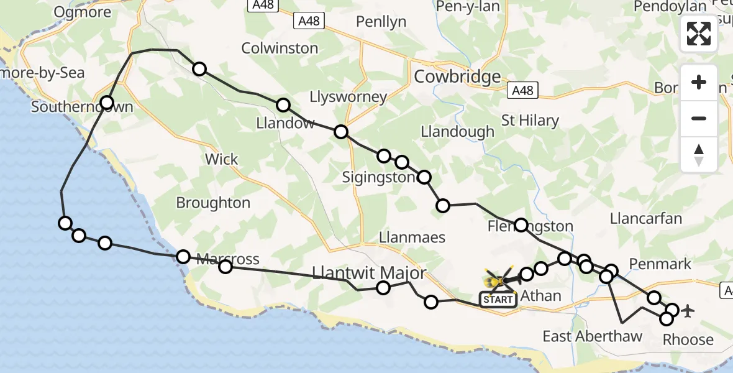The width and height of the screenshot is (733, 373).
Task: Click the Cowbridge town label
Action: pyautogui.click(x=457, y=77)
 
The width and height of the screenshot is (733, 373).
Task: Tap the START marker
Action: pyautogui.click(x=498, y=300)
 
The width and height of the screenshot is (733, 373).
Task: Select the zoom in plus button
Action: pyautogui.click(x=699, y=83)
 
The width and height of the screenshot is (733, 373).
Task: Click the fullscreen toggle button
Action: pyautogui.click(x=699, y=34)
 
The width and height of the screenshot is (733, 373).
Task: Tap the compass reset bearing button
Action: pyautogui.click(x=699, y=155)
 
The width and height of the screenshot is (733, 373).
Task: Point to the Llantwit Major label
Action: pyautogui.click(x=370, y=273)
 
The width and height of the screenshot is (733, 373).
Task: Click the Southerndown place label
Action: pyautogui.click(x=82, y=107)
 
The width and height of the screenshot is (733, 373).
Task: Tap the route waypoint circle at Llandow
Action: pyautogui.click(x=283, y=105)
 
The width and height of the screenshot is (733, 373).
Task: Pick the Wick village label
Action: pyautogui.click(x=222, y=159)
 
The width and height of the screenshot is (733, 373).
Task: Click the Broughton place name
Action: pyautogui.click(x=213, y=203)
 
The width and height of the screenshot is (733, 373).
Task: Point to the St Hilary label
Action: pyautogui.click(x=530, y=121)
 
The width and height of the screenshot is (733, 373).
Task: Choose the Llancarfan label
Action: pyautogui.click(x=646, y=219)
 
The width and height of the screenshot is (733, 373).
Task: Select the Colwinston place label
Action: pyautogui.click(x=280, y=48)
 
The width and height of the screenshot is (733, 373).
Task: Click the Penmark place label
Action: pyautogui.click(x=660, y=264)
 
